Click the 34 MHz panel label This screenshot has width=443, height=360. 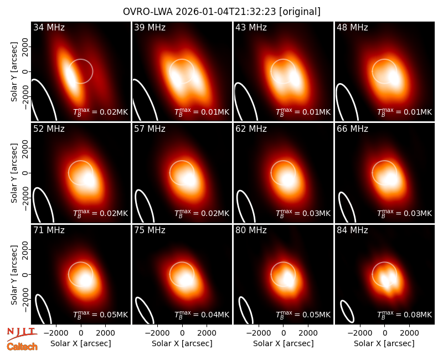point(49,27)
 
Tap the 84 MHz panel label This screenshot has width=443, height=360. point(352,230)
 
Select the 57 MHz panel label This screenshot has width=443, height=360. point(150,129)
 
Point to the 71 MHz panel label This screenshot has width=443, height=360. point(49,230)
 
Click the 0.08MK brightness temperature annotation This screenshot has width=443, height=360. point(405,315)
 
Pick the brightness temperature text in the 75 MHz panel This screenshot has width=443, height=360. point(202,315)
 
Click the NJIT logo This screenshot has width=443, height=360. point(22,334)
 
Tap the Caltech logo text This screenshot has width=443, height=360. point(22,347)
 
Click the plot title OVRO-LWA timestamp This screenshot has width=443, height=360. point(222,12)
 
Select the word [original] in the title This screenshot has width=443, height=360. point(300,12)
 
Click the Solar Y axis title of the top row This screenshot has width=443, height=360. point(14,72)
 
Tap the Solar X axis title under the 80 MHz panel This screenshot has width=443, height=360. point(284,343)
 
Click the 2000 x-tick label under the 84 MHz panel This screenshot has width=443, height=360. point(409,333)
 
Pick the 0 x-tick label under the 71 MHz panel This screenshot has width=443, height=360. point(81,333)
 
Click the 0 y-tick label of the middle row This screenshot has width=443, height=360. point(25,173)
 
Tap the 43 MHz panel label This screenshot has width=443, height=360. point(251,27)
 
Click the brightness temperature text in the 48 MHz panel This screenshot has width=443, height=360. point(405,112)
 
